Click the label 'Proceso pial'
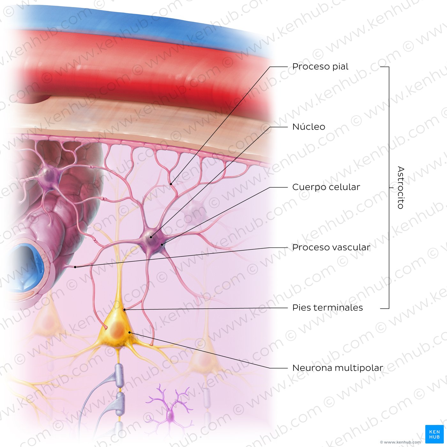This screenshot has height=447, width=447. coord(320,67)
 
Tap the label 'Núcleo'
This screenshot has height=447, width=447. coord(308,127)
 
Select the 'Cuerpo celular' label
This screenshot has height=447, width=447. coord(326,187)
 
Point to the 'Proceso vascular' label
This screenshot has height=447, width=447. coord(331,247)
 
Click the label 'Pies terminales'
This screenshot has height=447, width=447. coord(327,307)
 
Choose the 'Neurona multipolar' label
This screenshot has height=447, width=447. coord(337,368)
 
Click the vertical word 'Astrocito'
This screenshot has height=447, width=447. coord(401,187)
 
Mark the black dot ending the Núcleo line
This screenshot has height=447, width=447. coord(151,237)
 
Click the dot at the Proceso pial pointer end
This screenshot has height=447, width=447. coord(171,184)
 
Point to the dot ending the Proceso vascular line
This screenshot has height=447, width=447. coord(75,267)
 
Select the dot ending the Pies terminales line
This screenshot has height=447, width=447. coord(124,310)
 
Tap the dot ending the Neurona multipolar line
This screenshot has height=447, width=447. coord(129,332)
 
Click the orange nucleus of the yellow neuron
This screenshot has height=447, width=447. coord(117,330)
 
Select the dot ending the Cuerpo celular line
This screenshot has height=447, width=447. coord(162,245)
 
